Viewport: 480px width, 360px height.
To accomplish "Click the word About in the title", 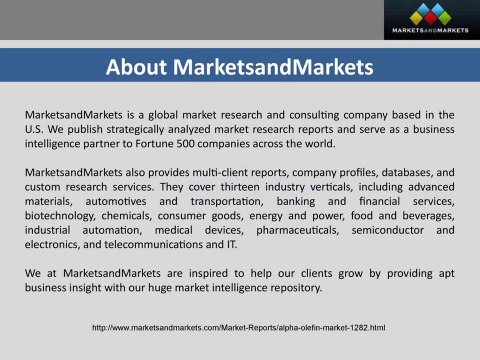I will pyautogui.click(x=140, y=68).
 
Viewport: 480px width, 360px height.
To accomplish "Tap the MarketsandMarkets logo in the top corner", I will pyautogui.click(x=428, y=20).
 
